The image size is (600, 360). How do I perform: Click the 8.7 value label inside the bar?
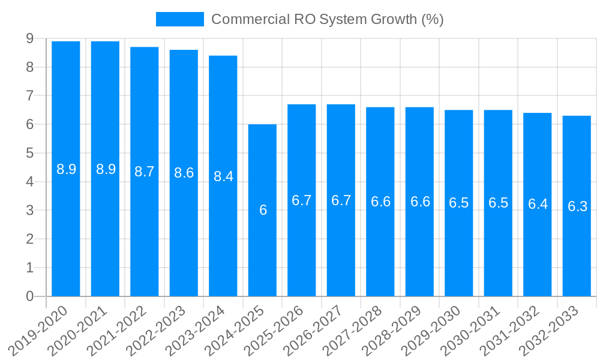145,172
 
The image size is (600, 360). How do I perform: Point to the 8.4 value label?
223,176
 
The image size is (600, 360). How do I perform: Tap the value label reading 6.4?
538,204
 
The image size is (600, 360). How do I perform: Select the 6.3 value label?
577,206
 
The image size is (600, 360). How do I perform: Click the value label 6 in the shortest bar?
263,210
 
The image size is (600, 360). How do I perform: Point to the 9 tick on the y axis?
29,38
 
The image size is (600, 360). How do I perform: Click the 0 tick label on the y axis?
29,296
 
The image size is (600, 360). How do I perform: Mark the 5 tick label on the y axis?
29,153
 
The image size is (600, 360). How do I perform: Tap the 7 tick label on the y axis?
29,96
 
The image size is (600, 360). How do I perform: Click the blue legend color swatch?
179,19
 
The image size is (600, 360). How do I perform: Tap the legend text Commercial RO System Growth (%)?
327,19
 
